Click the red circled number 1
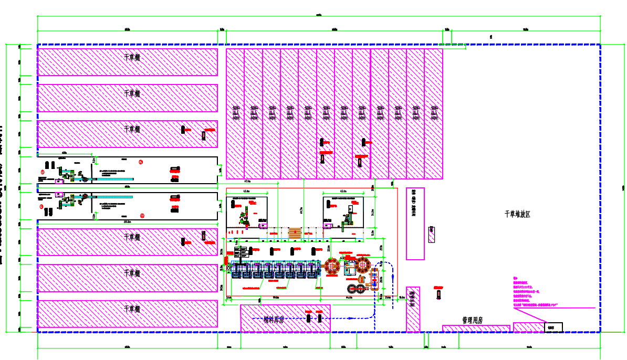point(43,172)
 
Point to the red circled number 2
point(141,162)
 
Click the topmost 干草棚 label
point(132,58)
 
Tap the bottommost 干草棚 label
point(132,309)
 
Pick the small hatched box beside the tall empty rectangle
point(431,234)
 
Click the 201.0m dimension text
point(127,222)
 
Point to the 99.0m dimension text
point(275,298)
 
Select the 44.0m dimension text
point(349,298)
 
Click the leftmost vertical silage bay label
point(235,112)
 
